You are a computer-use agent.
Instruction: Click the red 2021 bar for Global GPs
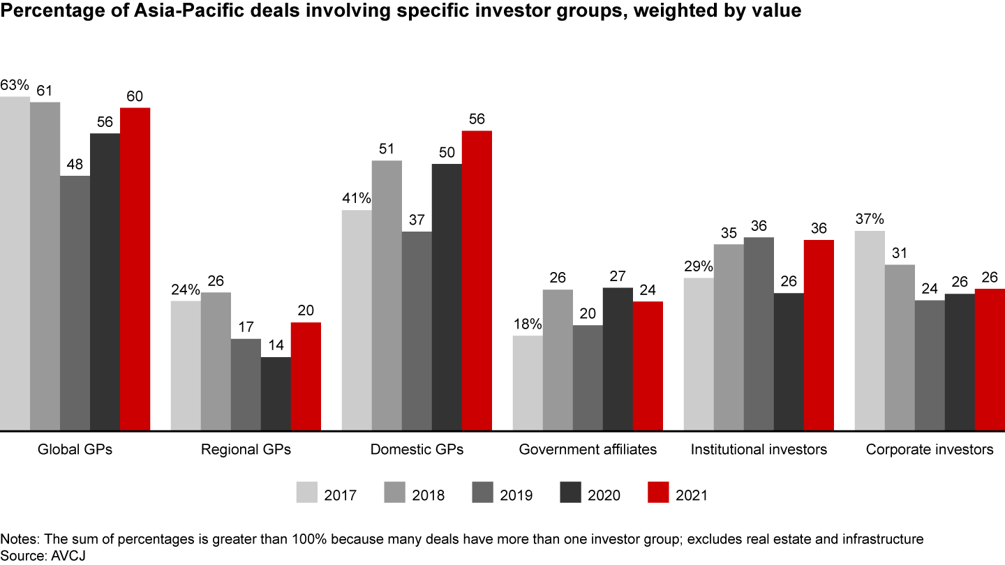(x=135, y=269)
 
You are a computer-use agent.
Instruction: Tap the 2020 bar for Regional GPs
(x=276, y=393)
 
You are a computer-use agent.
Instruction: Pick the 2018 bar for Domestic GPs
(x=387, y=295)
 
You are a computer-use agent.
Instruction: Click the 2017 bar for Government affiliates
(x=528, y=382)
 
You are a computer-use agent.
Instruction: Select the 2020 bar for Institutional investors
(x=789, y=361)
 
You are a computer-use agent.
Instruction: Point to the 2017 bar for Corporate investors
(x=870, y=330)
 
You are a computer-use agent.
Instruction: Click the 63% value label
(x=15, y=85)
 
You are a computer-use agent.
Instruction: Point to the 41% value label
(x=357, y=198)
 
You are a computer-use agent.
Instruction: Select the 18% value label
(x=528, y=324)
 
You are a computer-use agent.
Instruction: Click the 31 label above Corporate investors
(x=900, y=253)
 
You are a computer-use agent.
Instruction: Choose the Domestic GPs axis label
(x=417, y=450)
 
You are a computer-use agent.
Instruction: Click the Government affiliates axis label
(x=588, y=450)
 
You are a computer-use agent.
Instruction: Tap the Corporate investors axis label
(x=930, y=450)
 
